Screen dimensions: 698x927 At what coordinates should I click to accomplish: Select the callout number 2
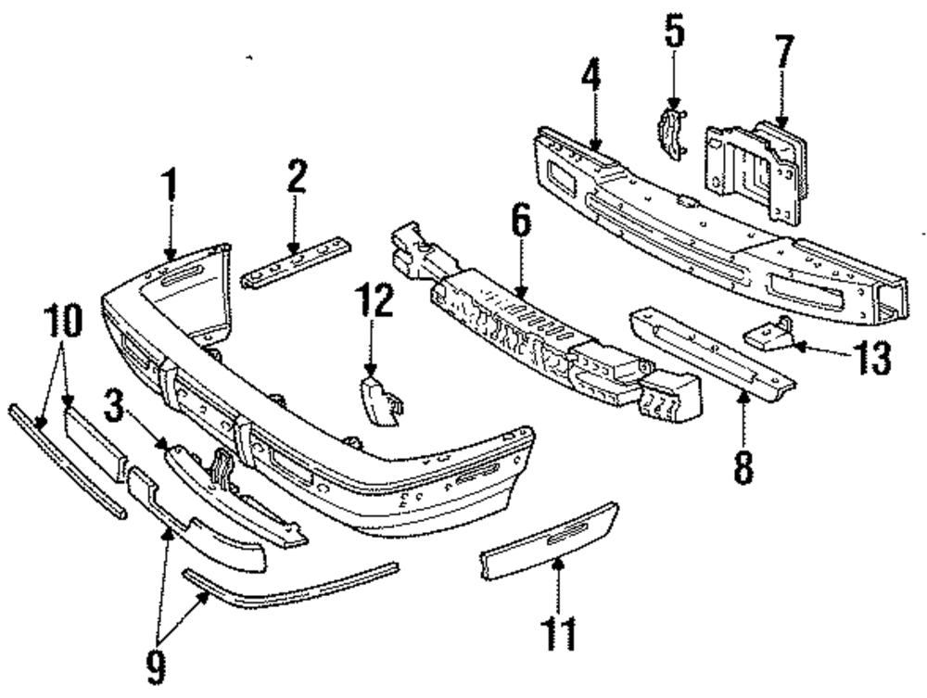click(x=296, y=177)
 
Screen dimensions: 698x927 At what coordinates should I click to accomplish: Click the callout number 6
click(x=521, y=223)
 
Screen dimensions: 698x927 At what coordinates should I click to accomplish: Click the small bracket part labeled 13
click(x=769, y=336)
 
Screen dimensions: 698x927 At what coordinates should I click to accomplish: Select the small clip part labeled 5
click(x=672, y=133)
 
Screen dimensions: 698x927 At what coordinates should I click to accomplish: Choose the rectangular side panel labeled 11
click(x=549, y=540)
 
